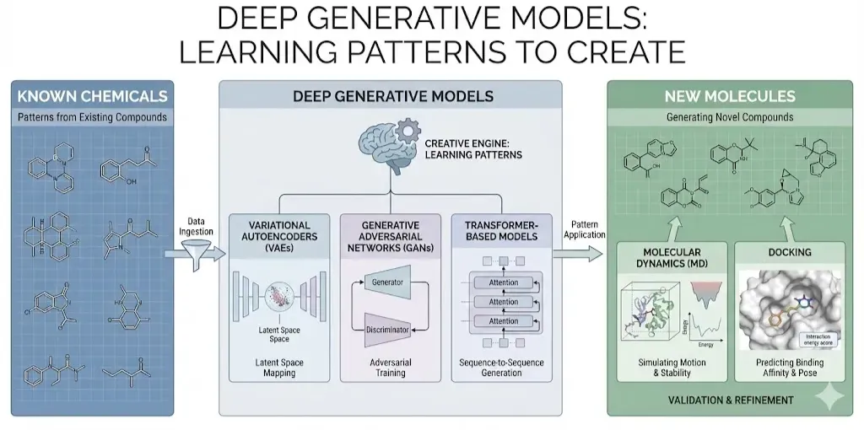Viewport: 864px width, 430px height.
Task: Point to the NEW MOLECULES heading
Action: tap(729, 96)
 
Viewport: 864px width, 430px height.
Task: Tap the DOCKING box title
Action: tap(790, 252)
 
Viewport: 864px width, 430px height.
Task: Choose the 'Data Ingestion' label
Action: tap(197, 226)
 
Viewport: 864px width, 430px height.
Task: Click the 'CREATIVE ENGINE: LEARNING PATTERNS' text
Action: tap(472, 149)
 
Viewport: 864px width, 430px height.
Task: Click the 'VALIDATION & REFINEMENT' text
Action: tap(729, 399)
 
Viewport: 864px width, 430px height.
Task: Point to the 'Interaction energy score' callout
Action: tap(816, 340)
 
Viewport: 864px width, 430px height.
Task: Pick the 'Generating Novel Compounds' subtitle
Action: tap(729, 116)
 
